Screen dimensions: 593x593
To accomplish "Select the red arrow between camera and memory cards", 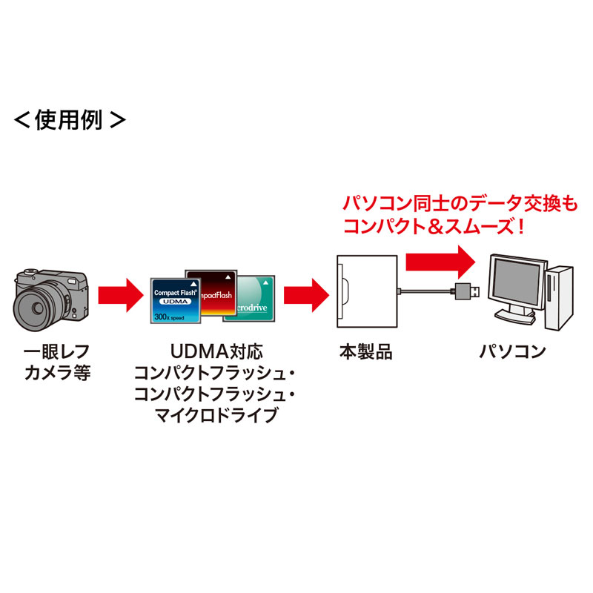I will coord(119,295).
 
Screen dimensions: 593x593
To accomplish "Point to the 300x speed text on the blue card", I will coord(169,317).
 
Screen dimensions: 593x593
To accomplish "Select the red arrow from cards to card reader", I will coord(305,295).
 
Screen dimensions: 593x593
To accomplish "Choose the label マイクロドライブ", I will coord(214,414).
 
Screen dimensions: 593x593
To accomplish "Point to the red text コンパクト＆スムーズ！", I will coord(436,226).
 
